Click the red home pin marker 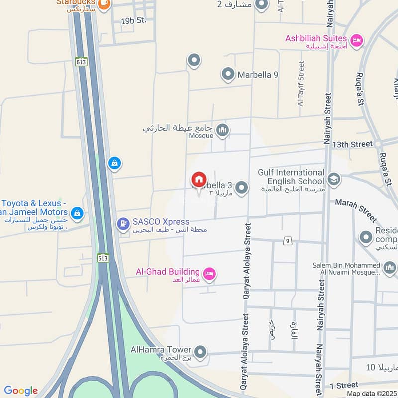click(x=199, y=180)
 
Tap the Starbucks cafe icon click(x=104, y=3)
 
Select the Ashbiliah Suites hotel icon click(x=356, y=40)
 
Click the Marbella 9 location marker click(x=228, y=75)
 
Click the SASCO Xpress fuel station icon click(x=122, y=224)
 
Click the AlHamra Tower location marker click(x=200, y=352)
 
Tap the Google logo click(x=21, y=391)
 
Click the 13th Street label click(x=352, y=144)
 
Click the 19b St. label click(x=133, y=20)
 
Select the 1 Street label click(x=344, y=385)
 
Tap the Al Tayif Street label click(x=300, y=84)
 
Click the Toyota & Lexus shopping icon click(x=77, y=213)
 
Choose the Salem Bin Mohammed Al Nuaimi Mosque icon click(x=389, y=268)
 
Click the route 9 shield click(x=287, y=241)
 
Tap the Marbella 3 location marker click(x=241, y=188)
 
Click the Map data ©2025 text click(x=372, y=393)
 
